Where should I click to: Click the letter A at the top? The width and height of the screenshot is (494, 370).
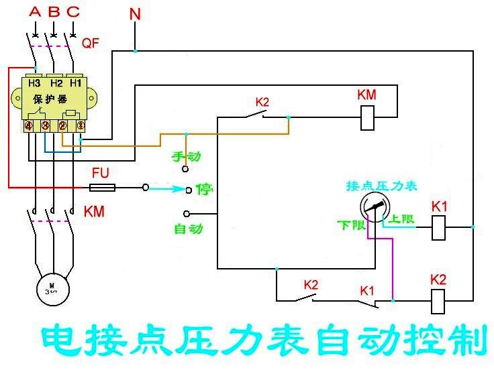pyautogui.click(x=35, y=11)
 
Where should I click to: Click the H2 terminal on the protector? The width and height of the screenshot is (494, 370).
pyautogui.click(x=56, y=82)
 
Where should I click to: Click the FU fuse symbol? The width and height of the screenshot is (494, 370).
pyautogui.click(x=102, y=188)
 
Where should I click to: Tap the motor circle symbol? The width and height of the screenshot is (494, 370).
pyautogui.click(x=52, y=287)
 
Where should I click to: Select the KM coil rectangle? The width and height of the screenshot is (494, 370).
pyautogui.click(x=367, y=118)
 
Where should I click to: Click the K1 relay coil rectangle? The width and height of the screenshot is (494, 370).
pyautogui.click(x=438, y=228)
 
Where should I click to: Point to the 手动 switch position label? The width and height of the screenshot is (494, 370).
pyautogui.click(x=187, y=157)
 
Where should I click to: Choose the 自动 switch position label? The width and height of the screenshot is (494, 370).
pyautogui.click(x=188, y=229)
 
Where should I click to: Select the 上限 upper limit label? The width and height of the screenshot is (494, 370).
pyautogui.click(x=403, y=219)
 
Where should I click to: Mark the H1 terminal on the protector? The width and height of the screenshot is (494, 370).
pyautogui.click(x=76, y=82)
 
